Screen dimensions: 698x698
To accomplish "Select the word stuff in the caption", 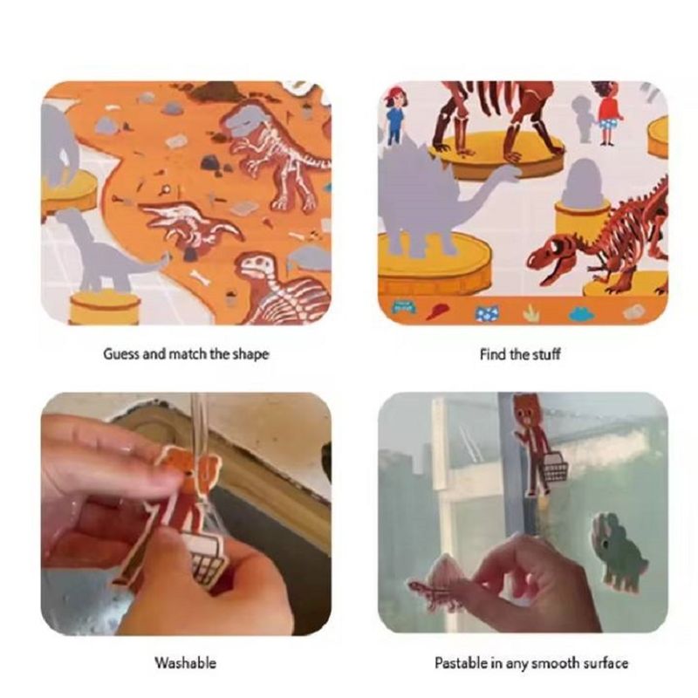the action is click(546, 354).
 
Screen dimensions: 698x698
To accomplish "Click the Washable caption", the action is click(185, 663).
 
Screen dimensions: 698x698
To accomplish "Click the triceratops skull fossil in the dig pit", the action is click(194, 225).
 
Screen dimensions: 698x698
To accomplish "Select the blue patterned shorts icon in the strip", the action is click(486, 313).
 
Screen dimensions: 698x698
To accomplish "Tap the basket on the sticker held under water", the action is click(206, 560).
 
